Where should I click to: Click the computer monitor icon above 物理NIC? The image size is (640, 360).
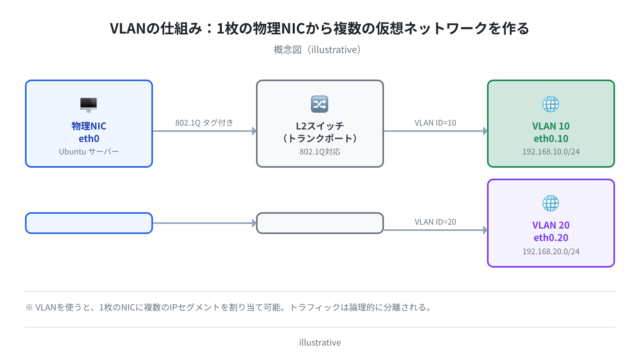89,104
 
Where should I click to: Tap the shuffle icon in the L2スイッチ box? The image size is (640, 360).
320,104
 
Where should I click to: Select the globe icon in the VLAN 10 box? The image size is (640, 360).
551,104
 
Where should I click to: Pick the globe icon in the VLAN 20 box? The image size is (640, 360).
551,203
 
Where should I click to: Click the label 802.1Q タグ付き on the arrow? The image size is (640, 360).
204,123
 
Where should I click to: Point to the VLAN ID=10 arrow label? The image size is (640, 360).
435,123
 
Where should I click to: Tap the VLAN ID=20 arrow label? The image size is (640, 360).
435,222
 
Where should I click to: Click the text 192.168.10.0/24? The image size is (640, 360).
551,152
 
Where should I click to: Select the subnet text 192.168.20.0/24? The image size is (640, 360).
551,251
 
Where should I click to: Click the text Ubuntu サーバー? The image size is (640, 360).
89,152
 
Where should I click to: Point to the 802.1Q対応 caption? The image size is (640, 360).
320,152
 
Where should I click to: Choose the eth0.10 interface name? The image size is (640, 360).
551,139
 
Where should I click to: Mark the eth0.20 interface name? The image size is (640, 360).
551,238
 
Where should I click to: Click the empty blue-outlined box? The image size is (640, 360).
89,213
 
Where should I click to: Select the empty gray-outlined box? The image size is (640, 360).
320,213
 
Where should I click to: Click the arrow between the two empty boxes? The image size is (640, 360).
204,223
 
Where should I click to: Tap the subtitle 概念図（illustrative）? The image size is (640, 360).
317,50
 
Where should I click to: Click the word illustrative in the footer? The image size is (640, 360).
320,342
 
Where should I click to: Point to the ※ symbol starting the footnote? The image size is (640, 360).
29,307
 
